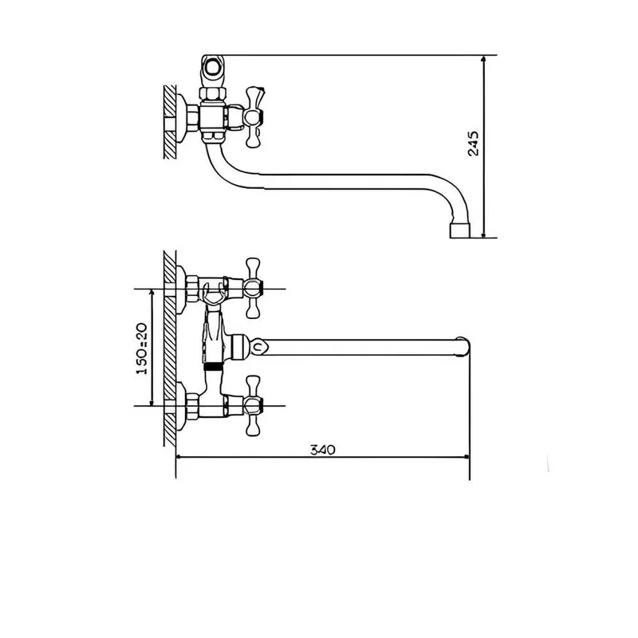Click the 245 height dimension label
coord(474,144)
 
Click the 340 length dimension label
coord(323,450)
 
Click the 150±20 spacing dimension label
coord(141,349)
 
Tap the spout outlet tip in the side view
coord(460,230)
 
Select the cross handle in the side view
coord(254,116)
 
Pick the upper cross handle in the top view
coord(253,288)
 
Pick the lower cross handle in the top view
coord(253,405)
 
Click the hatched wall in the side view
coord(170,122)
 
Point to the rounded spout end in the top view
coord(464,347)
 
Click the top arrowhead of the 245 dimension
coord(483,59)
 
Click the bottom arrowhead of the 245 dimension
coord(483,234)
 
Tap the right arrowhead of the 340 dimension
coord(466,457)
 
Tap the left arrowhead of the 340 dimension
coord(180,457)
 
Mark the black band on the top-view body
coord(213,367)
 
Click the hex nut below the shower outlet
coord(213,94)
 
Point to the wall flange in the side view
coord(182,118)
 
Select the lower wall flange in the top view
coord(182,406)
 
